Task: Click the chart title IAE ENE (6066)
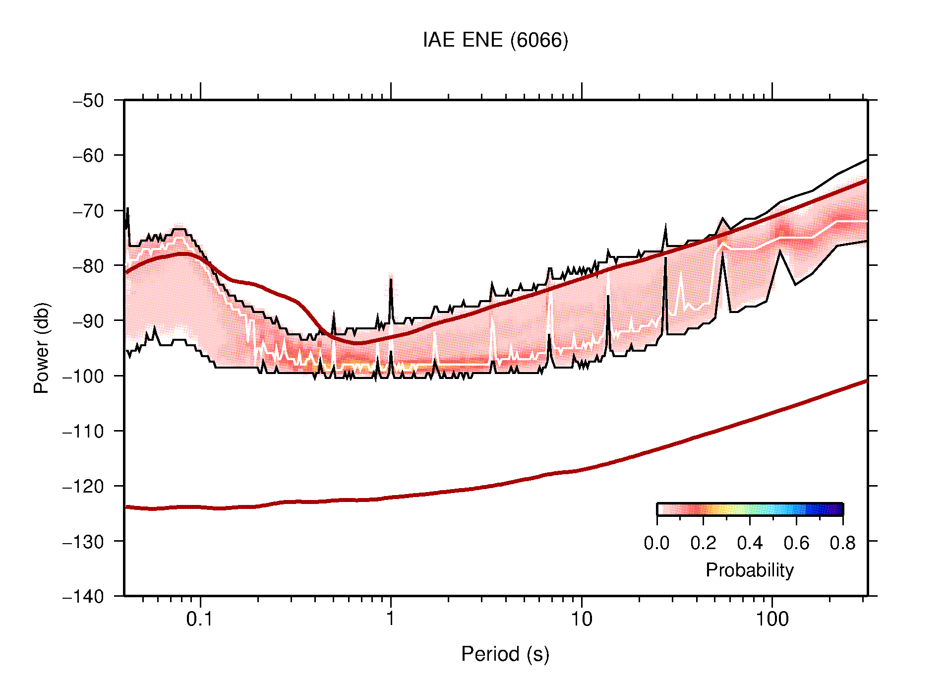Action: click(x=495, y=40)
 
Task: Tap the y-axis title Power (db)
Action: click(x=42, y=348)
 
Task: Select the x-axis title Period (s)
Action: click(x=505, y=654)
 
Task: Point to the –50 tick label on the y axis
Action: click(x=88, y=101)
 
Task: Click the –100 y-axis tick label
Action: click(x=83, y=376)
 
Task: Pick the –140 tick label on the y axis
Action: click(x=83, y=596)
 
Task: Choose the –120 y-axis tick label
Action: click(x=83, y=486)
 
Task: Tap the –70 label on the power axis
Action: click(x=88, y=211)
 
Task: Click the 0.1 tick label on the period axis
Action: click(x=200, y=619)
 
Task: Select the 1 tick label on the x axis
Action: click(x=391, y=619)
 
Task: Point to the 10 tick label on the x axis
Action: click(x=581, y=619)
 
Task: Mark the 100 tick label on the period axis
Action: click(x=772, y=619)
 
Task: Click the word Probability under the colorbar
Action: click(x=749, y=570)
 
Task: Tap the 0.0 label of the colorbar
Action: click(x=656, y=543)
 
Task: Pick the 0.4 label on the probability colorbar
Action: click(x=750, y=543)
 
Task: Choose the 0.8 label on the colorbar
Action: click(x=842, y=543)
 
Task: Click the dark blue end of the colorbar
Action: click(x=838, y=509)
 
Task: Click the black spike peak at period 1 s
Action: click(x=391, y=280)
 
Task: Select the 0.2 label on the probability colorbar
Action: click(x=703, y=543)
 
